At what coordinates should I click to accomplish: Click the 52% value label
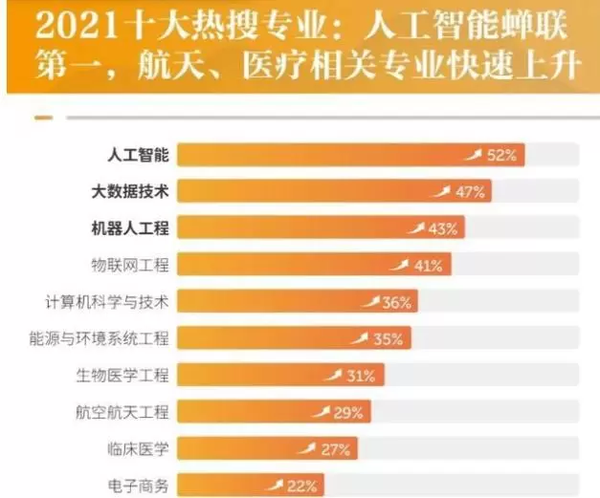point(501,155)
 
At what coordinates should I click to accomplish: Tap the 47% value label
point(470,192)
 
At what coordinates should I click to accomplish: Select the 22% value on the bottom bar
point(301,486)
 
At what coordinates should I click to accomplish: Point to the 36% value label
point(396,303)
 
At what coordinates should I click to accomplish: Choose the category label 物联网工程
point(129,265)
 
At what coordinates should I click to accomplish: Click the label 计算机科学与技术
point(106,302)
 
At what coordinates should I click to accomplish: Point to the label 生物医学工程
point(122,376)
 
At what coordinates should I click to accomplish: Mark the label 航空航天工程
point(122,412)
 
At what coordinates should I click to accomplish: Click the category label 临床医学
point(138,448)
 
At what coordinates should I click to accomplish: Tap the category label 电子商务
point(138,486)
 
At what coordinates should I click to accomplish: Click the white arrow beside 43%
point(416,227)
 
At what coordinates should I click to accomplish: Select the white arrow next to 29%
point(321,411)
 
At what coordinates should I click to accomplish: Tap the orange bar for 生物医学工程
point(249,376)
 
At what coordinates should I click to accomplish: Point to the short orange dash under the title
point(42,119)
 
